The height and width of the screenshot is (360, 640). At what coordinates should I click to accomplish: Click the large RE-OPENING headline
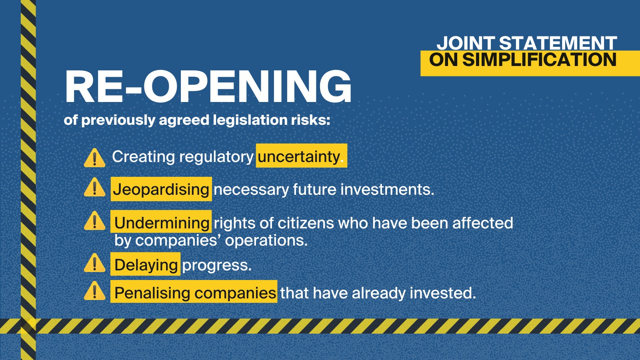(208, 86)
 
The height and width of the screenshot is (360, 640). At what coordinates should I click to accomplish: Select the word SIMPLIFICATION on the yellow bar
(539, 60)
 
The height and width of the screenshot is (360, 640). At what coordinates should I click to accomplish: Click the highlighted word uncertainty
(298, 156)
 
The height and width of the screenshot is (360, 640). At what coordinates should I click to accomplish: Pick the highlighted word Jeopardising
(161, 189)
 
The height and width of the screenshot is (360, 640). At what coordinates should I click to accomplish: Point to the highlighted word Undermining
(162, 223)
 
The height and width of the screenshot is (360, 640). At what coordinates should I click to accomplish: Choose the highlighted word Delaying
(146, 265)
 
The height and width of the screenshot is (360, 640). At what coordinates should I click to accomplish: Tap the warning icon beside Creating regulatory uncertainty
(94, 158)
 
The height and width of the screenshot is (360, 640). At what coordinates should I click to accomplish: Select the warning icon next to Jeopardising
(94, 187)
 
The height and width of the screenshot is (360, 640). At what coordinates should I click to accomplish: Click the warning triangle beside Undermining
(94, 220)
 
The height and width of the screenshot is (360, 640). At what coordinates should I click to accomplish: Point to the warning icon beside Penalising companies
(94, 290)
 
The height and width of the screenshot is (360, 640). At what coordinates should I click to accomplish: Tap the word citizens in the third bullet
(306, 223)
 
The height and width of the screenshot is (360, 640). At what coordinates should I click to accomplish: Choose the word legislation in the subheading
(250, 120)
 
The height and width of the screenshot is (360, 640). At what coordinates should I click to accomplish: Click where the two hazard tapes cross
(28, 326)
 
